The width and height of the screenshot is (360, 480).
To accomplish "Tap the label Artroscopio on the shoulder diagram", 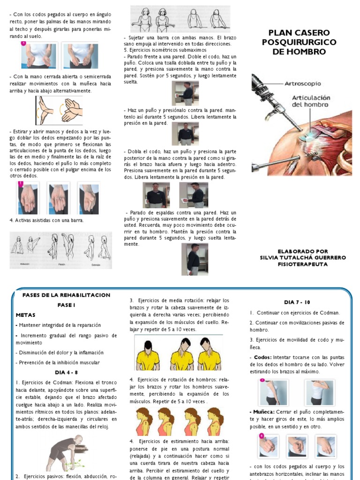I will coord(303,83).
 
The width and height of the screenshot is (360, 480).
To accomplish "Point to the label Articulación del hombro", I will coord(311,101).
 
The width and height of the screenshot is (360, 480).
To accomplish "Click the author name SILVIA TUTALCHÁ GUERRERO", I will coord(303,258).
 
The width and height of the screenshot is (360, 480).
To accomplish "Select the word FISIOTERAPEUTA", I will coord(303,264).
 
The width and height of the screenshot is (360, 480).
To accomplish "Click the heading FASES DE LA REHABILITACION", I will coord(66,295).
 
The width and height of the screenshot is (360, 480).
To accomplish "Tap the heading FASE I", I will coord(66,305).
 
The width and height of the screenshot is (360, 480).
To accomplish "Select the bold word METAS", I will coord(25,315).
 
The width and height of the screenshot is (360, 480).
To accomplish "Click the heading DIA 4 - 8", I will coord(66,373).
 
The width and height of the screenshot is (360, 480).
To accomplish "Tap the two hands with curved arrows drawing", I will coord(59,111).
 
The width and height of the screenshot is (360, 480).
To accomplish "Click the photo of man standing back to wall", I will coord(191,259).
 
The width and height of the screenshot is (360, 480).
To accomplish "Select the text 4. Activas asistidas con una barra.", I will coord(46,220).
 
